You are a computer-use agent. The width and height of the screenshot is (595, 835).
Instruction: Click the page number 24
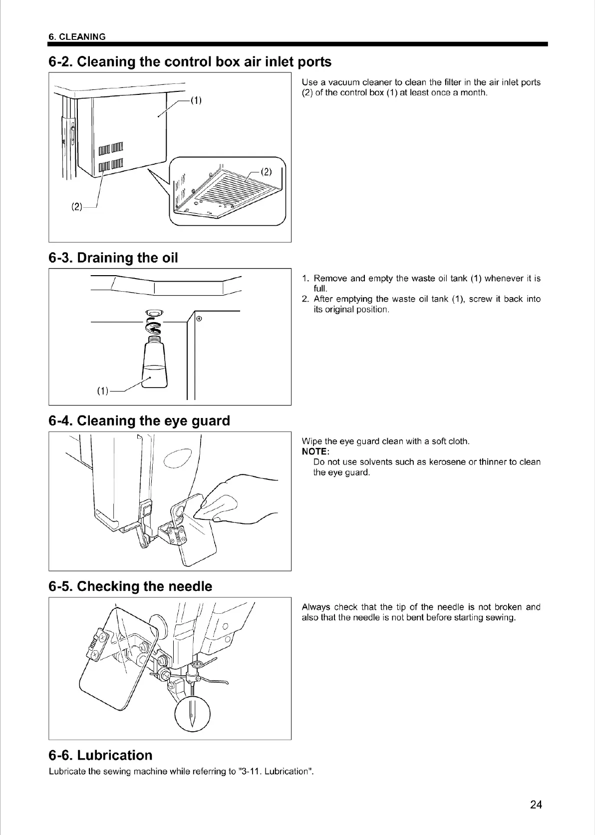point(536,804)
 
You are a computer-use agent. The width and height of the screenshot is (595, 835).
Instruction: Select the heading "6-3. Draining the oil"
point(113,258)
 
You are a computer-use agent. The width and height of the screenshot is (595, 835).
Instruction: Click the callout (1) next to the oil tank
point(102,391)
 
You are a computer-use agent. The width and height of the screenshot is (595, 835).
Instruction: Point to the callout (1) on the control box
point(196,100)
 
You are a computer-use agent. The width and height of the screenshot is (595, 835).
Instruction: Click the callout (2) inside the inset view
point(267,172)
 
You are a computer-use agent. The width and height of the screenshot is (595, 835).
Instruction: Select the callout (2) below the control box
point(76,206)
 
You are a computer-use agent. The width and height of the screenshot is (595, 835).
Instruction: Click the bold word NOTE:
point(315,451)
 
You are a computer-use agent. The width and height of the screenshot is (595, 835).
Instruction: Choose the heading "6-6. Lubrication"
point(100,755)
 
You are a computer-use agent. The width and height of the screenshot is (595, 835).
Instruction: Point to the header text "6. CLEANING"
point(77,36)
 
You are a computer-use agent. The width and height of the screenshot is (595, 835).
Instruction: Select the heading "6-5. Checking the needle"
point(130,586)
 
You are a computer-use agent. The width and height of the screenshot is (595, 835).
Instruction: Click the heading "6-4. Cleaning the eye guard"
point(139,420)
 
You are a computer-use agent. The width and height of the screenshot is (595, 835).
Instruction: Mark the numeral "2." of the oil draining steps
point(306,299)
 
